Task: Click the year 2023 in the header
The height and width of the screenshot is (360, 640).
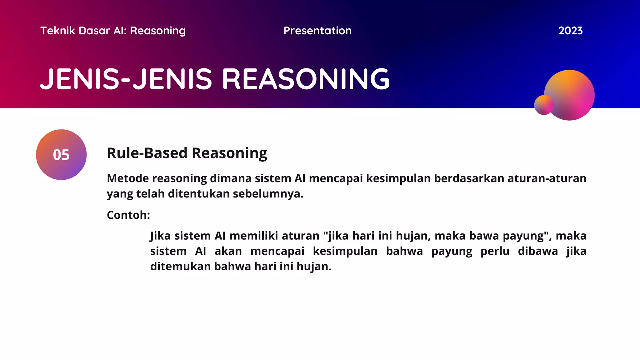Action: [570, 31]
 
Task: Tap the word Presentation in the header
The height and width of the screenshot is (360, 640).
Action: [317, 31]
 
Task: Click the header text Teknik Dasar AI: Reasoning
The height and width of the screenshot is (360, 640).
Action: [113, 31]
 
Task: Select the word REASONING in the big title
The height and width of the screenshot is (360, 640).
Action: [306, 79]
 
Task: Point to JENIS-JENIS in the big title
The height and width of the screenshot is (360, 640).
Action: [127, 79]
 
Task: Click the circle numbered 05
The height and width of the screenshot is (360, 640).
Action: [61, 155]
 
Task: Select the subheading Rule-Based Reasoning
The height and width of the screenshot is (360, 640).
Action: [187, 153]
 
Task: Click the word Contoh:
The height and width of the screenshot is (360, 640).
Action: [128, 215]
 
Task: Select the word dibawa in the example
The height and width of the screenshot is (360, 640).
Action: [537, 251]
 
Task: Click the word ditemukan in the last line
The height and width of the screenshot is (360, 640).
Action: [180, 267]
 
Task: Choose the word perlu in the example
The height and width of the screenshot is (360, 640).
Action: [495, 251]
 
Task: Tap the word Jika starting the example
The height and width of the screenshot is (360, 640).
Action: [160, 236]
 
